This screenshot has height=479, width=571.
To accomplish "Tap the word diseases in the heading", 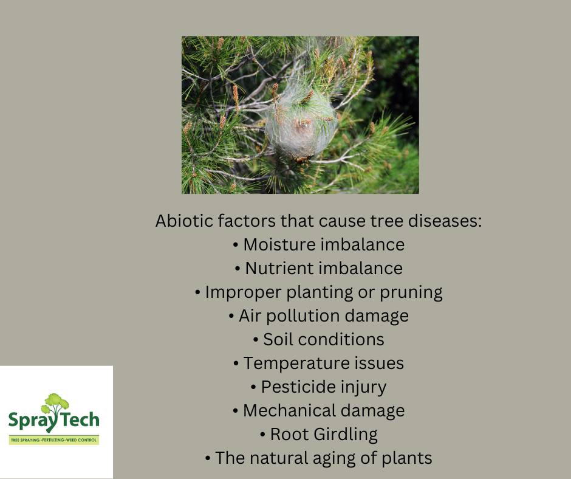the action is (445, 221).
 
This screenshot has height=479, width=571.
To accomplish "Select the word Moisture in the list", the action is (279, 244).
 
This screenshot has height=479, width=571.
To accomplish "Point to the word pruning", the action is (411, 293).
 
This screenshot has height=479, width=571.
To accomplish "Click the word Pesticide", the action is (295, 387).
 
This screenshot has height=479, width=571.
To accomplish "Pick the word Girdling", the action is (345, 435).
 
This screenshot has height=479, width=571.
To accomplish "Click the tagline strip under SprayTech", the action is (54, 440).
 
